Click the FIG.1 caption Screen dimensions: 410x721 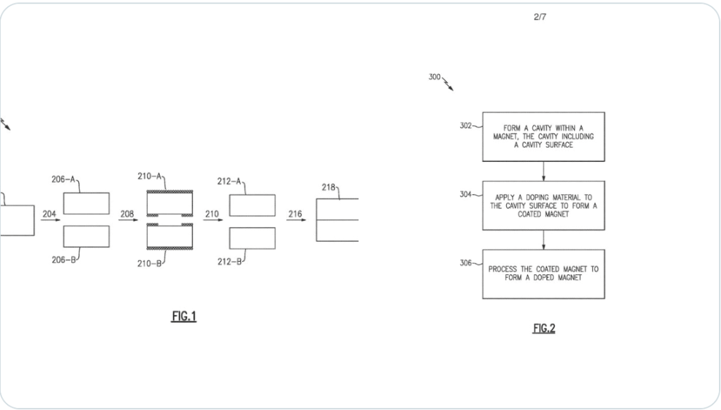click(x=184, y=316)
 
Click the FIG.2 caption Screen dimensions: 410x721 click(x=544, y=328)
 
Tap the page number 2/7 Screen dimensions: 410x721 click(x=540, y=17)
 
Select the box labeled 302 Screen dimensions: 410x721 click(x=543, y=136)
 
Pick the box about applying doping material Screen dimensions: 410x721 click(x=543, y=205)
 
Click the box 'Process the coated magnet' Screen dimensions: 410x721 click(x=543, y=274)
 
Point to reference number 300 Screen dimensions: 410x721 click(x=434, y=77)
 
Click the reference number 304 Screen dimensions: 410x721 click(x=465, y=194)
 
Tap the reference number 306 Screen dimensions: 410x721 click(x=465, y=263)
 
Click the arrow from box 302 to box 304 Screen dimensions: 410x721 click(x=543, y=171)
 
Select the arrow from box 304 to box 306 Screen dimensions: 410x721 click(x=543, y=240)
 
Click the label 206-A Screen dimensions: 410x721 click(x=63, y=179)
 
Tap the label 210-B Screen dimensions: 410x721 click(x=149, y=264)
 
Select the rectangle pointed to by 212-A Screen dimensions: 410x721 click(x=252, y=205)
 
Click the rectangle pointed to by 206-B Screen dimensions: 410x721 click(x=86, y=236)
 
